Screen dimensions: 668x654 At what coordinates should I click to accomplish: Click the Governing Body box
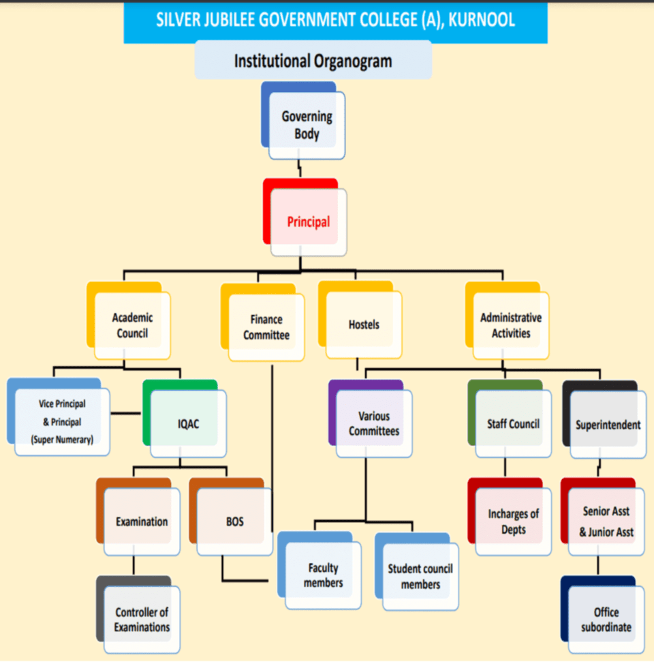(x=307, y=125)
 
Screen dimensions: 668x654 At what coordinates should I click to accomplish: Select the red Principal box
(x=308, y=222)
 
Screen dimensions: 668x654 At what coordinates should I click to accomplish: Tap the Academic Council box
(x=132, y=325)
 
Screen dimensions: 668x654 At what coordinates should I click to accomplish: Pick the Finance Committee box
(x=266, y=327)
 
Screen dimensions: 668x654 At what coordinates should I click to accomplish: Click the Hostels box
(x=364, y=324)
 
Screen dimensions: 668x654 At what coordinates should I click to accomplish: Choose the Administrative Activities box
(x=510, y=325)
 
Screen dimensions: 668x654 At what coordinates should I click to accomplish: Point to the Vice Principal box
(x=62, y=422)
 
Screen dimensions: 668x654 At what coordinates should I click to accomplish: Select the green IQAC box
(x=188, y=423)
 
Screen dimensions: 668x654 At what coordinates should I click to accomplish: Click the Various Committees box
(x=374, y=423)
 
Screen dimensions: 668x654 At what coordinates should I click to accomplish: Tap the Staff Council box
(x=513, y=423)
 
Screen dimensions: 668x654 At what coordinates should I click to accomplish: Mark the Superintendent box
(x=608, y=425)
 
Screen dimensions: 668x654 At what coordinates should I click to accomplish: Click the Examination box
(x=142, y=521)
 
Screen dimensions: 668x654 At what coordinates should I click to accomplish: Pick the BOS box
(x=234, y=521)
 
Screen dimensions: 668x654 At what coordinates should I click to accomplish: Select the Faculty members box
(x=323, y=575)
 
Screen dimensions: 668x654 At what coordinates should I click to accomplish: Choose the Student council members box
(x=420, y=576)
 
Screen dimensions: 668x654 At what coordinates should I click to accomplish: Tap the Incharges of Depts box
(x=513, y=521)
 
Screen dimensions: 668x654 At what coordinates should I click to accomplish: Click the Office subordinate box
(x=606, y=619)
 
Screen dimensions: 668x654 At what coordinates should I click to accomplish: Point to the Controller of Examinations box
(x=142, y=619)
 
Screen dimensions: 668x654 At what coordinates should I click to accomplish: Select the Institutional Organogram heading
(x=313, y=61)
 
